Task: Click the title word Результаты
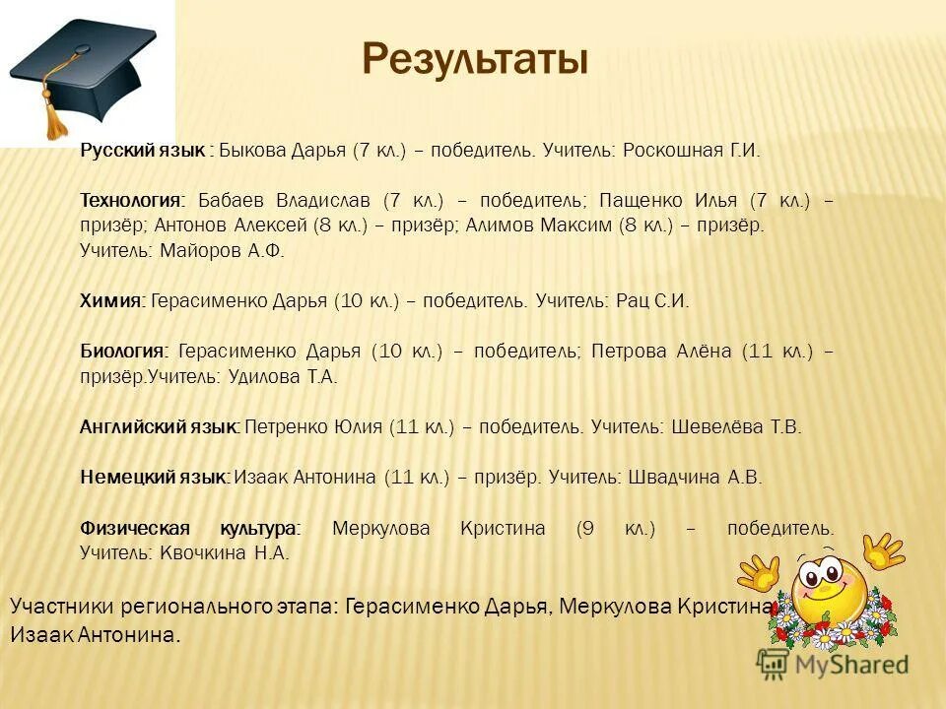475,59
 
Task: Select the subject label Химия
112,301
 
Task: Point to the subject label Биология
124,352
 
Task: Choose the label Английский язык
159,427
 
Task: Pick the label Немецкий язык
155,478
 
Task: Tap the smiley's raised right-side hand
882,552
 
